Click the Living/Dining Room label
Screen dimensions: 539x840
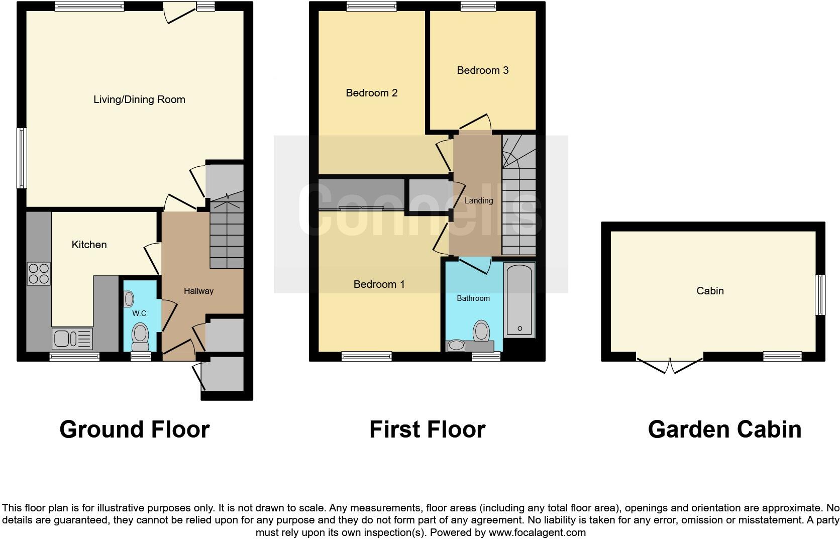(x=139, y=99)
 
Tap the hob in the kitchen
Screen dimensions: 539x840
(x=39, y=274)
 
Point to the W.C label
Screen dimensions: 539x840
(x=139, y=313)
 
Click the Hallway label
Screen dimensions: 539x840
(x=198, y=291)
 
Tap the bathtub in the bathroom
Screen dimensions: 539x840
(x=519, y=300)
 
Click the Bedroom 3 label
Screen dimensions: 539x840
(x=482, y=70)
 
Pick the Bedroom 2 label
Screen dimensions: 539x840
(x=371, y=93)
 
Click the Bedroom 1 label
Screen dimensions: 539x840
(x=379, y=284)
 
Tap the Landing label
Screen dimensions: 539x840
(x=478, y=200)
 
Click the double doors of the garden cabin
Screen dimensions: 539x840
(x=670, y=365)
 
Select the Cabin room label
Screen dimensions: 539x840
(x=710, y=291)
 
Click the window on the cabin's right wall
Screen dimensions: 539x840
(x=820, y=294)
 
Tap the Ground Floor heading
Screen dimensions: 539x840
(x=134, y=430)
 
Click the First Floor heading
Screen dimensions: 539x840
(x=427, y=430)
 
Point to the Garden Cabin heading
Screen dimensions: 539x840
(x=724, y=430)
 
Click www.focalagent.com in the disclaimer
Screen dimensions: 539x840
(x=537, y=532)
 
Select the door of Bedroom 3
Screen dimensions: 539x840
(x=474, y=122)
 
